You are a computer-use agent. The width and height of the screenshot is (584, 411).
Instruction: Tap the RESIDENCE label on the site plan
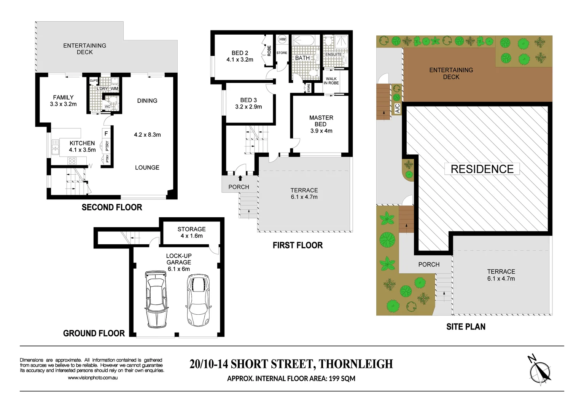coord(482,169)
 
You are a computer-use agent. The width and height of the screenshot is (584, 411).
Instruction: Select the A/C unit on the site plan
coord(397,108)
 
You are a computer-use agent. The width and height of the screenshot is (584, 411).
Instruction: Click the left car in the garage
coord(156,299)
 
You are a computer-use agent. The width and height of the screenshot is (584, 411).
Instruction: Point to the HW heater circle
coord(282,39)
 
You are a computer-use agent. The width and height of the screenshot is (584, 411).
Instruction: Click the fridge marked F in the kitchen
coord(106,134)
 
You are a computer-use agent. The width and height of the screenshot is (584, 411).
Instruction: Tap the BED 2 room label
coord(240,53)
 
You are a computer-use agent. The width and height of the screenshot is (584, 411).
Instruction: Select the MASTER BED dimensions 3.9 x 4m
coord(321,131)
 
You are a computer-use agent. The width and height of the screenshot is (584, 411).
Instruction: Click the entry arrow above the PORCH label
coord(240,178)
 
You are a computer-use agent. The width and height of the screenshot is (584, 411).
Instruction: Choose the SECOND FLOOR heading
coord(112,207)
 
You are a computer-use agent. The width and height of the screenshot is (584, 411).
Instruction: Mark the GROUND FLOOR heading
coord(94,333)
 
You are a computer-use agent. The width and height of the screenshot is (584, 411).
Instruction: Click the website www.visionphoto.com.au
coord(92,378)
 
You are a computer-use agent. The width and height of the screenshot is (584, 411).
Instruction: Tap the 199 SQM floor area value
coord(342,379)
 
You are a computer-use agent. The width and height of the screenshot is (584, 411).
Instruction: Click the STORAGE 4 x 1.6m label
coord(191,233)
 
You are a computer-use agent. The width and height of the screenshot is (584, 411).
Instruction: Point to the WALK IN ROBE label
coord(331,81)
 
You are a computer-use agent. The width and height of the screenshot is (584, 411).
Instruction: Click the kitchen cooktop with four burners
coord(72,161)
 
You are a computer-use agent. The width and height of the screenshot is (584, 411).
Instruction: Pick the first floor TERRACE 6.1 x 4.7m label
coord(304,194)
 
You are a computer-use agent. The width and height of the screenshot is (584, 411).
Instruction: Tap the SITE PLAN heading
coord(466,327)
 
